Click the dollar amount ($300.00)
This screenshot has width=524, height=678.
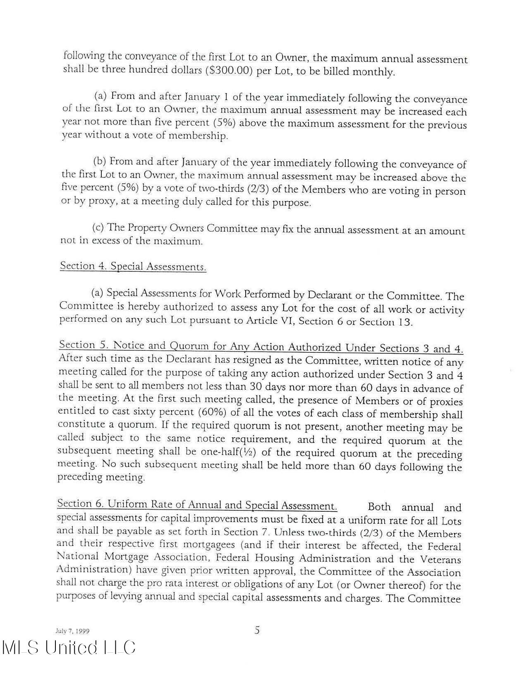[x=229, y=70]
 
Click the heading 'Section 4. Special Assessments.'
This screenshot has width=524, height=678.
[x=133, y=266]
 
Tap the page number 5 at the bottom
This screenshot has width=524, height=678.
[x=257, y=630]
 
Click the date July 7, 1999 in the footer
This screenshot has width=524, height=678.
[x=72, y=631]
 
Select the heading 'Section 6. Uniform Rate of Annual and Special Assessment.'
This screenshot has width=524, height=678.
[x=197, y=505]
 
